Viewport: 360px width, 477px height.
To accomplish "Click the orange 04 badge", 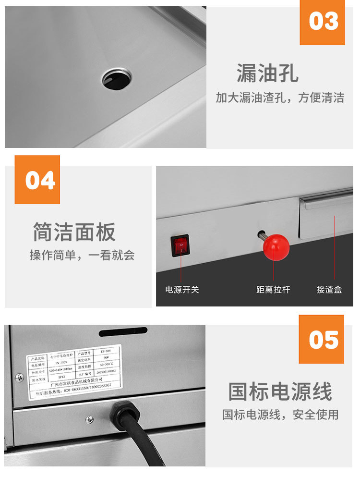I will coord(37,180).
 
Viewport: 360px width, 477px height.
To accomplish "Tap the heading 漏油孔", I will coord(267,73).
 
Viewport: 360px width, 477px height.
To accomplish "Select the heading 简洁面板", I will coord(74,232).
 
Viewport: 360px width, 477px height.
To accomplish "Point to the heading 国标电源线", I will coord(280,391).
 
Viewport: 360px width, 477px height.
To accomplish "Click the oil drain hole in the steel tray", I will coord(117,78).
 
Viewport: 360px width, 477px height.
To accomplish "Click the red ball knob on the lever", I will coord(276,247).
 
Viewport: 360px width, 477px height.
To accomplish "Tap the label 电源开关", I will coord(182,290).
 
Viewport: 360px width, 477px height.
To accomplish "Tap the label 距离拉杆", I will coord(273,290).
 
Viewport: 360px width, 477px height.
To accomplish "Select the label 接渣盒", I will coord(329,290).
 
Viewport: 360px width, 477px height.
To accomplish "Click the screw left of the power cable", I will coord(90,420).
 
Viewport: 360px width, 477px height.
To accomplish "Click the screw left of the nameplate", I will coord(19,377).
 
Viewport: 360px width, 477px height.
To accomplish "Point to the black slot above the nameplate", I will coord(123,331).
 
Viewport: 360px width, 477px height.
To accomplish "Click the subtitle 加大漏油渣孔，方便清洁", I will coord(280,98).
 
